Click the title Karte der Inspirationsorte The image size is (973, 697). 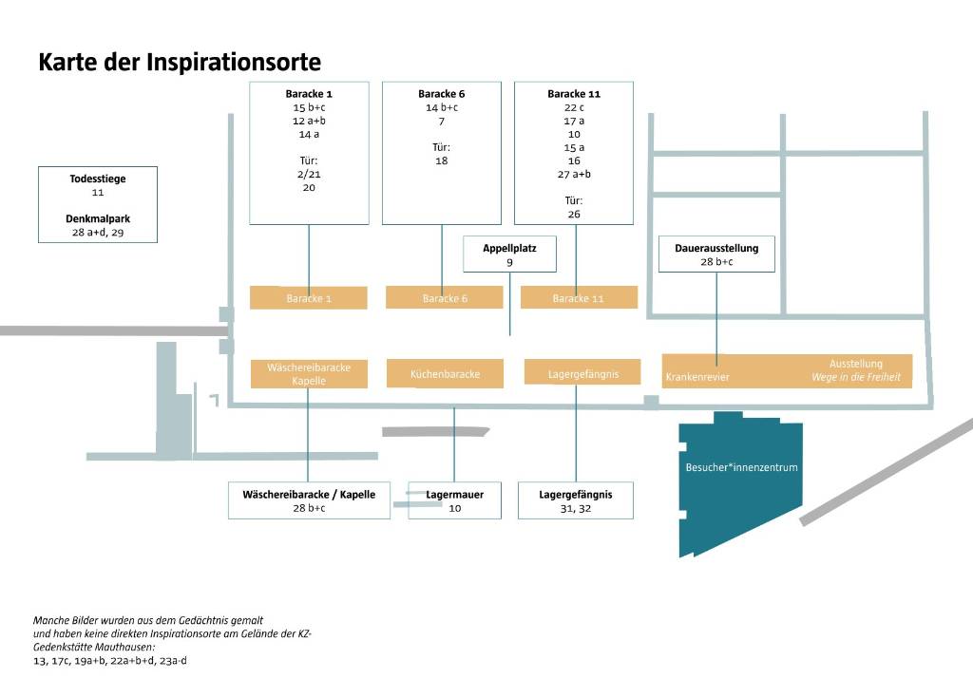click(180, 62)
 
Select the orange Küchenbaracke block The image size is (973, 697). click(445, 374)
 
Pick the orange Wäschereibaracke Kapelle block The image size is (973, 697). click(309, 374)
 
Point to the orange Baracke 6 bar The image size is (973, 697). click(445, 297)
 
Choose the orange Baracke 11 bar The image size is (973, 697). click(579, 297)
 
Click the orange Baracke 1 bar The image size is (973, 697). click(309, 297)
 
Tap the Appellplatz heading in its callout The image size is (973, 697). click(509, 248)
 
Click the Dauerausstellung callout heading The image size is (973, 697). click(716, 248)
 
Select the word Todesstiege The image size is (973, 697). click(98, 179)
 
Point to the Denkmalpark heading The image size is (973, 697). click(98, 218)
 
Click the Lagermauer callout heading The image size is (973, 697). click(455, 494)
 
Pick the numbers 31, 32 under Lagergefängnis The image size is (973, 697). click(575, 508)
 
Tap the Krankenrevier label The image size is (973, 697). click(697, 376)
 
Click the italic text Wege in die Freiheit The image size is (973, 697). click(856, 376)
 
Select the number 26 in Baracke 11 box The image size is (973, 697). click(574, 214)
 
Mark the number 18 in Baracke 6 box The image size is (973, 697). click(441, 160)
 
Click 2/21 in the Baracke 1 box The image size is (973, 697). click(309, 175)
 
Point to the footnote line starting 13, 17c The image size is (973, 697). click(110, 660)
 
